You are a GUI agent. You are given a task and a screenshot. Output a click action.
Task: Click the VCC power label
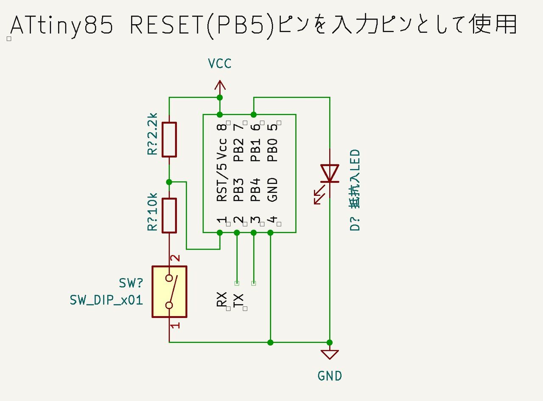click(220, 64)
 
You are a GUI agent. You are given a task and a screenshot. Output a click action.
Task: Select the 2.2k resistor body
click(169, 139)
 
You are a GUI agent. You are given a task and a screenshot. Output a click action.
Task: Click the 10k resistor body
click(169, 215)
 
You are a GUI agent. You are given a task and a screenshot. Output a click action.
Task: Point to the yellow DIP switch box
click(169, 291)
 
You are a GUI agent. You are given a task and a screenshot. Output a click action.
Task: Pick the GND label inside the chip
click(272, 189)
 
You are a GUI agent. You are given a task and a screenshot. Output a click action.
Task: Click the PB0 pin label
click(272, 150)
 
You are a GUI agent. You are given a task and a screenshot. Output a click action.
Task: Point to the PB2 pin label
click(239, 150)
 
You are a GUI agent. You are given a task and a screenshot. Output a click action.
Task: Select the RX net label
click(222, 299)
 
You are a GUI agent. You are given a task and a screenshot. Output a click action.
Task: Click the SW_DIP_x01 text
click(106, 301)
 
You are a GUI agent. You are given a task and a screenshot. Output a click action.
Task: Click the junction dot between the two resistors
click(169, 182)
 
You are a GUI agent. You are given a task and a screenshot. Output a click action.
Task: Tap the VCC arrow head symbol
click(220, 86)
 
